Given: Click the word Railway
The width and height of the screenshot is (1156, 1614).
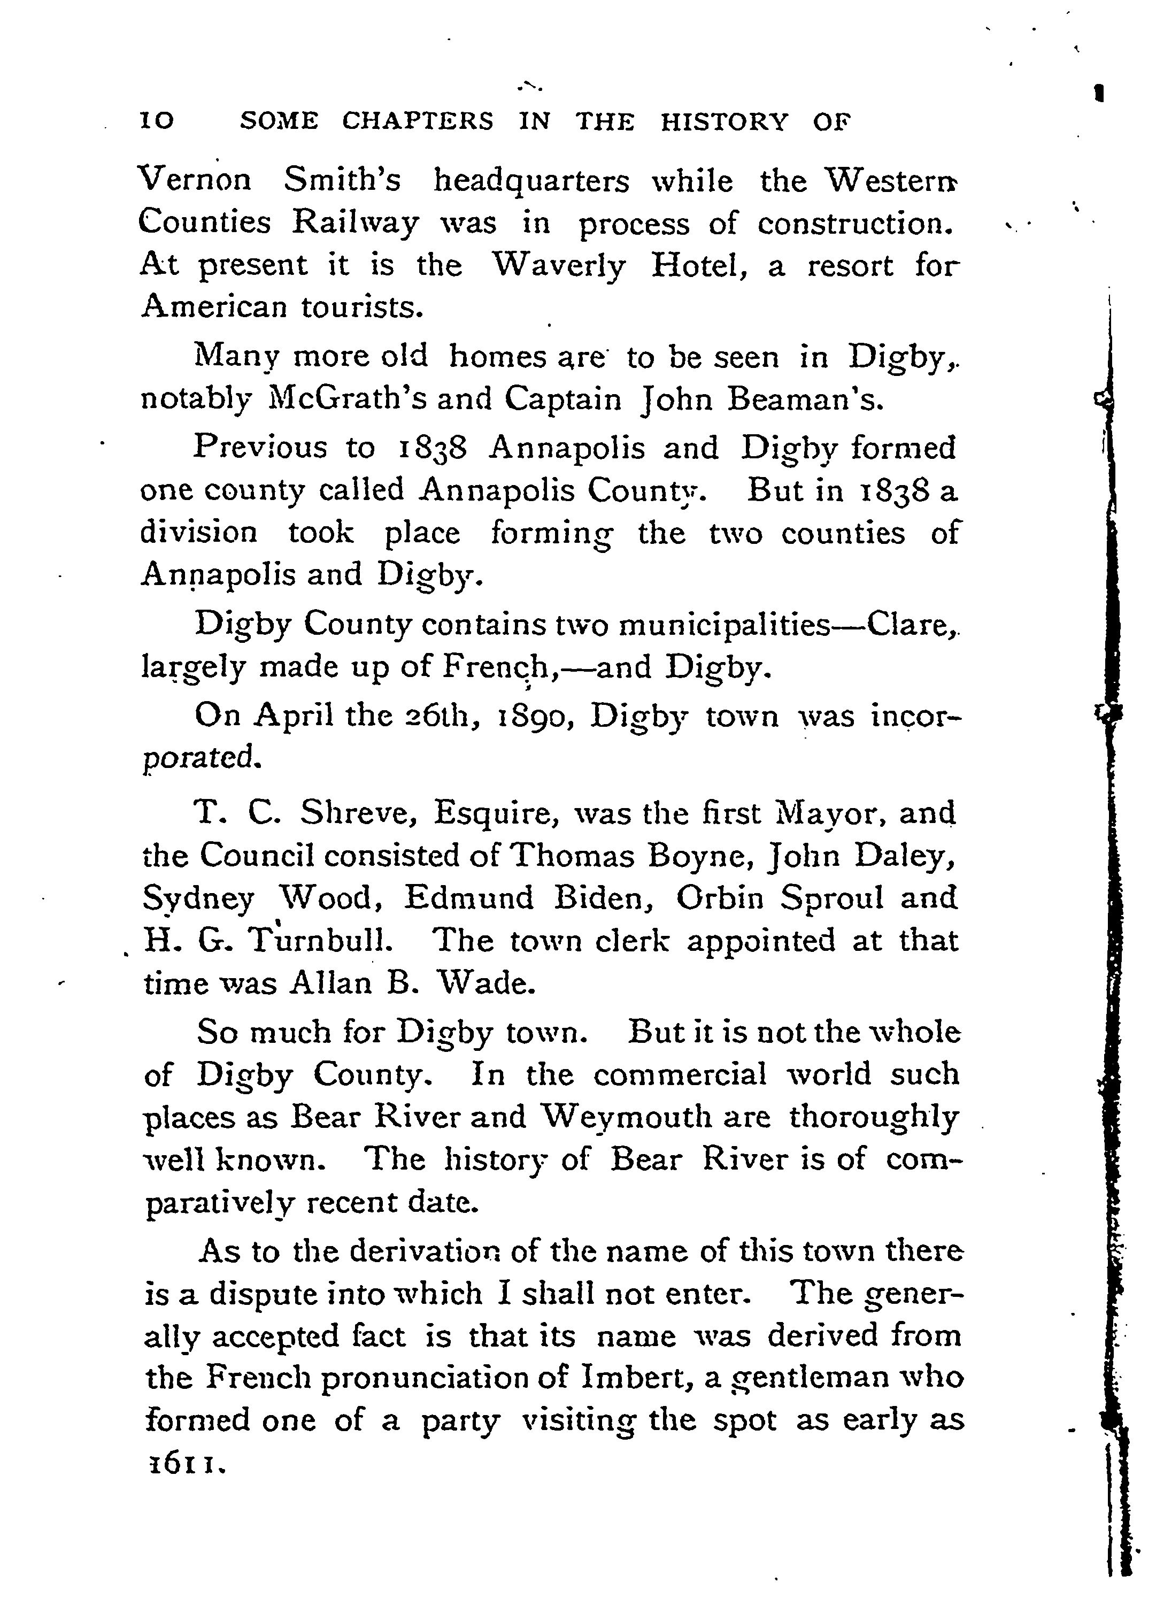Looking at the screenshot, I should (x=356, y=224).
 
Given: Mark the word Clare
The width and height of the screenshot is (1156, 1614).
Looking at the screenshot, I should (x=912, y=625).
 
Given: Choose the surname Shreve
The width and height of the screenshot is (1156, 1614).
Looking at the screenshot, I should (x=357, y=813).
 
